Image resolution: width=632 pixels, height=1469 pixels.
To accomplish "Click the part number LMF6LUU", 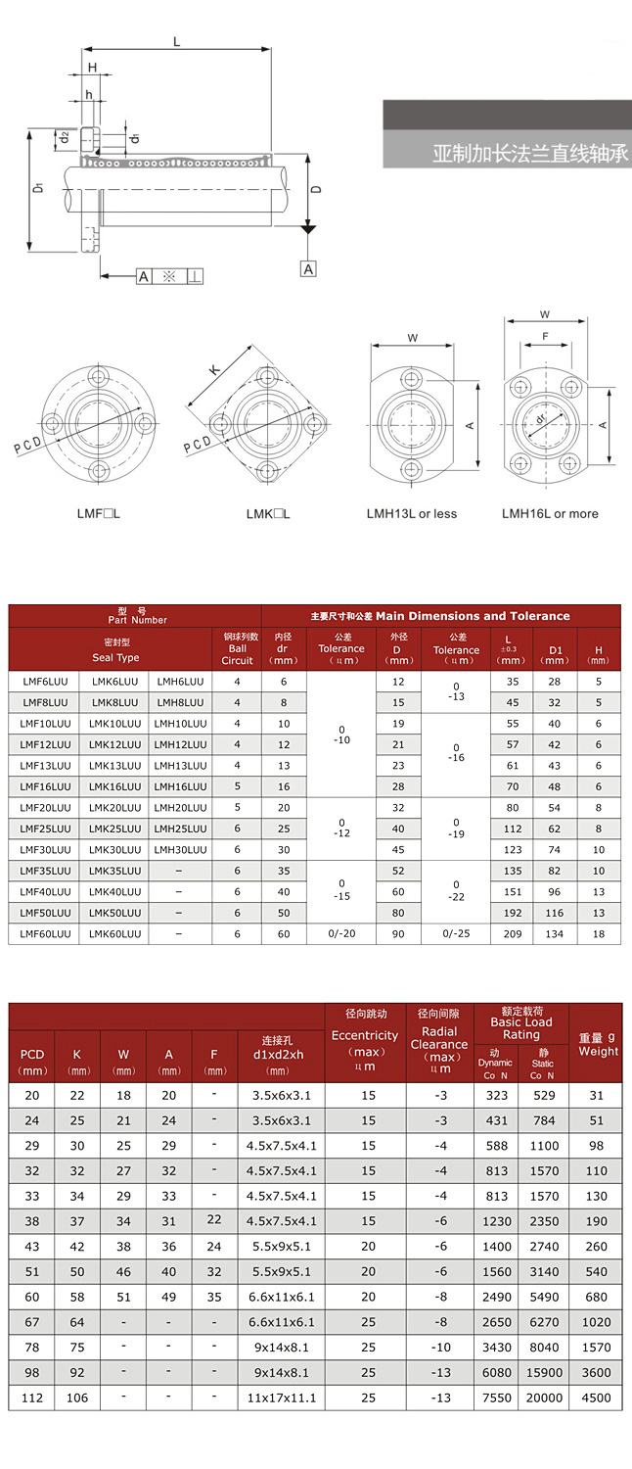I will [x=43, y=682].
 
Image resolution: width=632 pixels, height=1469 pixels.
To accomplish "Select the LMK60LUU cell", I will [x=114, y=934].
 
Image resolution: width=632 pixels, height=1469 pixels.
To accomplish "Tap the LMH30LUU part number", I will [x=181, y=850].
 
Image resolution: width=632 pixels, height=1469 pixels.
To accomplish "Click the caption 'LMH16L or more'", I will [x=550, y=514].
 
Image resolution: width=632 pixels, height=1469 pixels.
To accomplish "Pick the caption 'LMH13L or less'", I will [x=411, y=514].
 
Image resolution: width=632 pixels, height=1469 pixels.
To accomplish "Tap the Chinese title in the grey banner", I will [x=529, y=155].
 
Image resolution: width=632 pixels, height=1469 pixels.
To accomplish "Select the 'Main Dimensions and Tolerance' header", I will [x=440, y=616].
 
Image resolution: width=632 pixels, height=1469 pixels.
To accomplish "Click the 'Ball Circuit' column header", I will [x=237, y=648].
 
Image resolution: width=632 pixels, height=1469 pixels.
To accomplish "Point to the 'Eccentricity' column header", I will [x=365, y=1044].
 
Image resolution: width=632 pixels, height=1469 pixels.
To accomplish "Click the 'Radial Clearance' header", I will [x=439, y=1044].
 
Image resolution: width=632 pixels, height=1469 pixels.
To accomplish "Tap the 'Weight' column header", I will [x=598, y=1045].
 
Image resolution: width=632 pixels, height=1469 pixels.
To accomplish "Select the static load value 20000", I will [x=543, y=1398].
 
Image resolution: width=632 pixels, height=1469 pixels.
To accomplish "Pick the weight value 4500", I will [x=598, y=1398].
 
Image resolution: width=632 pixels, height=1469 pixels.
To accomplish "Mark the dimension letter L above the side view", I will [x=176, y=41].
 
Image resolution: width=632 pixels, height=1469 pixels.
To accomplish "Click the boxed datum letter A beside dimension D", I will [x=308, y=268].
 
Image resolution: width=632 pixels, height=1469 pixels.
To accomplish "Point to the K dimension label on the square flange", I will [x=213, y=370].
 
